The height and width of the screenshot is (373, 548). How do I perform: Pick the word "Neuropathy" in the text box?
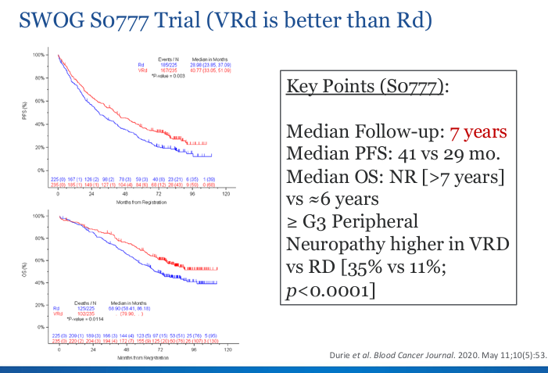pos(326,244)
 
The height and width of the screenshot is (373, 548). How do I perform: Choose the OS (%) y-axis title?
pos(24,269)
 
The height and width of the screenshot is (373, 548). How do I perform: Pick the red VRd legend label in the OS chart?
pos(57,313)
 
